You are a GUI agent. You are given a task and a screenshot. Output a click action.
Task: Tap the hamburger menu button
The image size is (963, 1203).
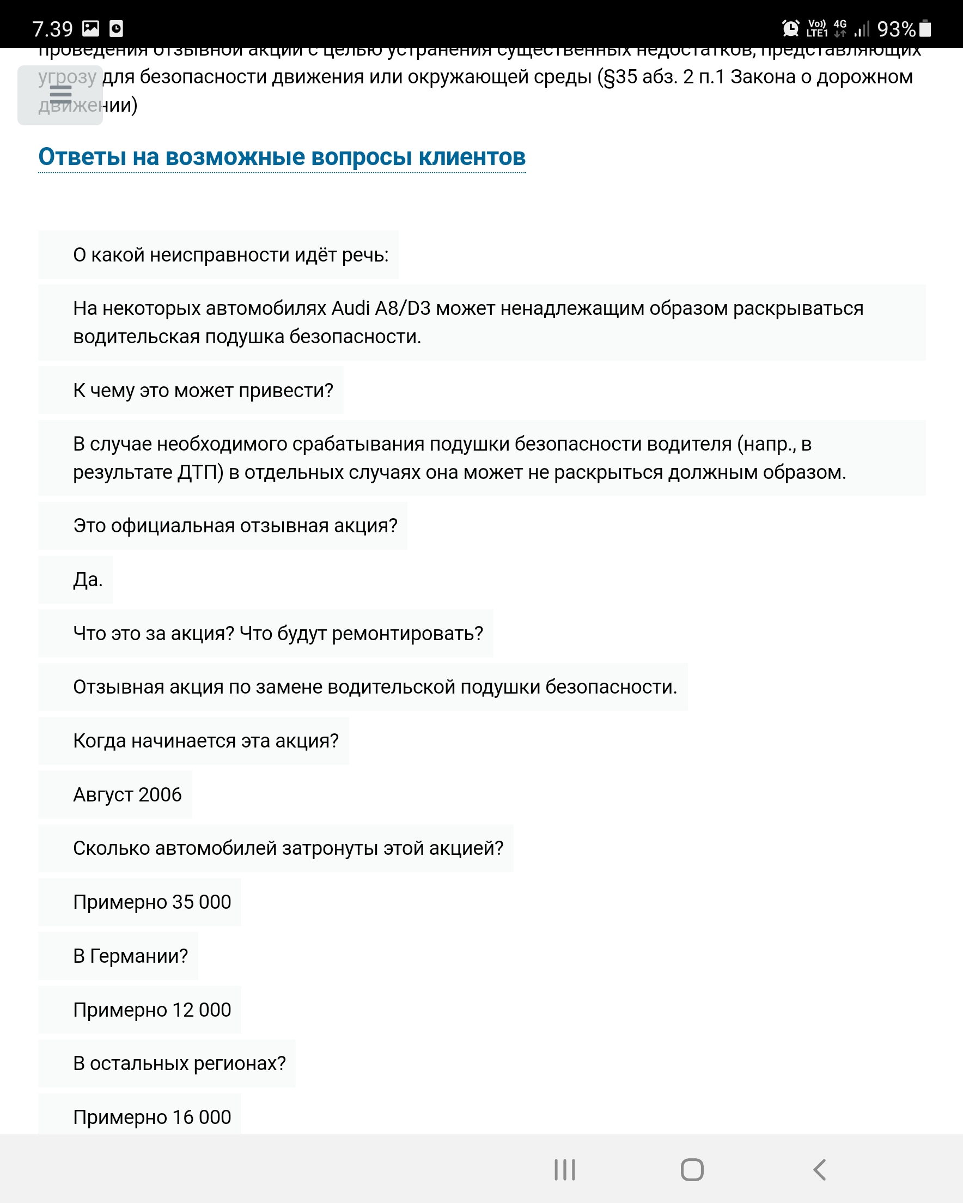tap(60, 95)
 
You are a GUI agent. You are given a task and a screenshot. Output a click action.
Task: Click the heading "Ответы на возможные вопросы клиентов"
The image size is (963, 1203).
tap(282, 157)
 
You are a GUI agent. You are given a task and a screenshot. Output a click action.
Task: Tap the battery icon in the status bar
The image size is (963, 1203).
tap(925, 28)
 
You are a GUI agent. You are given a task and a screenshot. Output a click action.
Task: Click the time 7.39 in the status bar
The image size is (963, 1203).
tap(52, 29)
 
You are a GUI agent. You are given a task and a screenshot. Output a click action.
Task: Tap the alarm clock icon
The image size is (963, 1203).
tap(790, 28)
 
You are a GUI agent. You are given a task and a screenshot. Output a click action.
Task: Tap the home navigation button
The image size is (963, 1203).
tap(692, 1170)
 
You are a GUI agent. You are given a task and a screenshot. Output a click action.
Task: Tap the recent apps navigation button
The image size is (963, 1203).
tap(565, 1170)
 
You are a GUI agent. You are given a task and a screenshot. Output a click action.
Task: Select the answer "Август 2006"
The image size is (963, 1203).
tap(127, 794)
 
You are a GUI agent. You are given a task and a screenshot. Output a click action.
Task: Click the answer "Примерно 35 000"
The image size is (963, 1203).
tap(152, 902)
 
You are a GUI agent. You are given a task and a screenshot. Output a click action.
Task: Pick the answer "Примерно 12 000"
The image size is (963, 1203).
tap(152, 1010)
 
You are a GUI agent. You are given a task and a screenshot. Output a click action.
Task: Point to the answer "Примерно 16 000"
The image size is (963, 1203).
tap(152, 1117)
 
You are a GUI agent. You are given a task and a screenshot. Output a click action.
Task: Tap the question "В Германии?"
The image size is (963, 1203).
tap(131, 956)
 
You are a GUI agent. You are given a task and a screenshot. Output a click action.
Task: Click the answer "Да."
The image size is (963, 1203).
tap(88, 580)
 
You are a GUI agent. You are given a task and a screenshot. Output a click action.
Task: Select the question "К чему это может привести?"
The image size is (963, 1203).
tap(203, 391)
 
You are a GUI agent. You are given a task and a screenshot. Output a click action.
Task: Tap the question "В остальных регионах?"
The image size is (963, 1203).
tap(179, 1064)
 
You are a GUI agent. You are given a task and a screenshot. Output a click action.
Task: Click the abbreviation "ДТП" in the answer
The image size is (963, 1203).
tap(200, 472)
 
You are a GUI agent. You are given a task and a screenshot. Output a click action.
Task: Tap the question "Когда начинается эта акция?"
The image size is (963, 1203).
tap(206, 741)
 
